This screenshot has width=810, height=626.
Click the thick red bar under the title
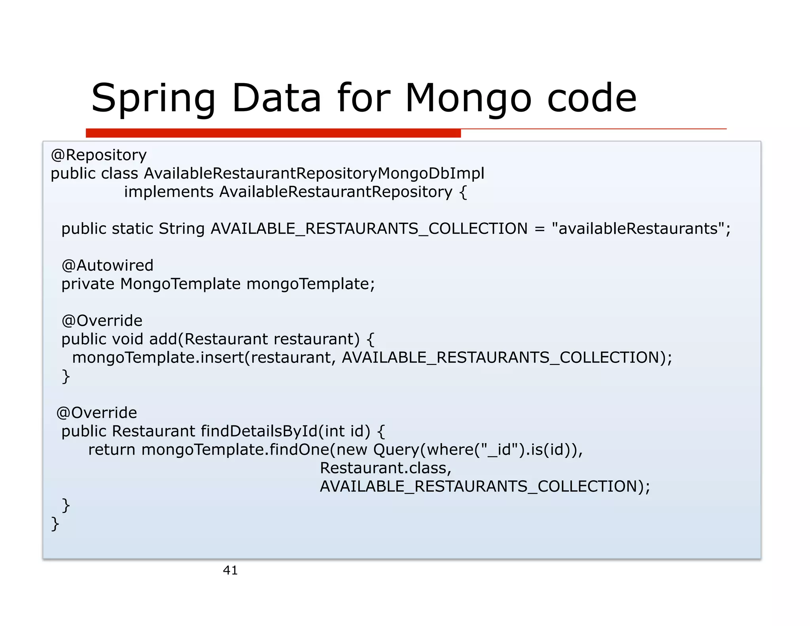tap(273, 133)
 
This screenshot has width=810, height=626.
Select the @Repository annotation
tap(98, 155)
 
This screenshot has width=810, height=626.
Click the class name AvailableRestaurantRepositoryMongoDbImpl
tap(314, 173)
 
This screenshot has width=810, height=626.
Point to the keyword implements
tap(169, 192)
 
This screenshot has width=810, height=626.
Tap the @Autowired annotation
tap(107, 266)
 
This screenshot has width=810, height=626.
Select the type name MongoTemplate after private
tap(180, 284)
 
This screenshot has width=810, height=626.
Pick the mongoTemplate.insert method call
tap(158, 358)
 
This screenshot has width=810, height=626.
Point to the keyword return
tap(112, 450)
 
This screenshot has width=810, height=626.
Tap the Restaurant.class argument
tap(385, 468)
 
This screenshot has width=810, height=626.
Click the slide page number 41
tap(230, 570)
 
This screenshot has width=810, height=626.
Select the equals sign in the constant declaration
tap(539, 229)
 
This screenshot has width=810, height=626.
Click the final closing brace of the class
tap(55, 524)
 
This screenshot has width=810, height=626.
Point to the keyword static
tap(132, 229)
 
